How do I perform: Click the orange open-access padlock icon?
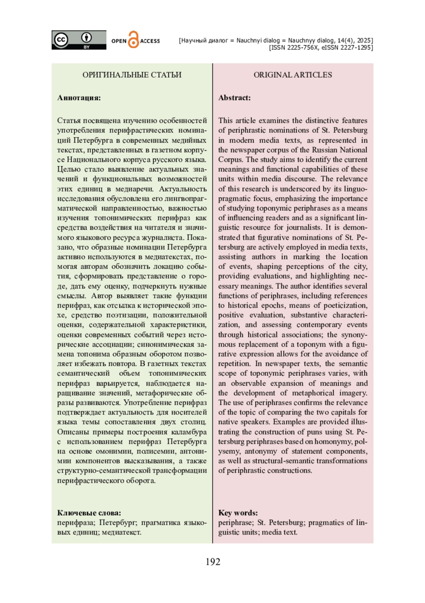click(x=133, y=40)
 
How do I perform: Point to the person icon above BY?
click(x=86, y=37)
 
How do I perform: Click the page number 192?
click(x=212, y=562)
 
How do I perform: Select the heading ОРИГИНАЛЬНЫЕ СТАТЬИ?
click(x=132, y=75)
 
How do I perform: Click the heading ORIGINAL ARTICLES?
click(x=293, y=75)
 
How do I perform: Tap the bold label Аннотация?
click(x=79, y=98)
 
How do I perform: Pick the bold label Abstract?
click(x=234, y=98)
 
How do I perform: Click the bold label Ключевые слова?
click(x=89, y=513)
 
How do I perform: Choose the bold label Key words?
click(x=238, y=513)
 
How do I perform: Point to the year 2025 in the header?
click(x=365, y=40)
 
